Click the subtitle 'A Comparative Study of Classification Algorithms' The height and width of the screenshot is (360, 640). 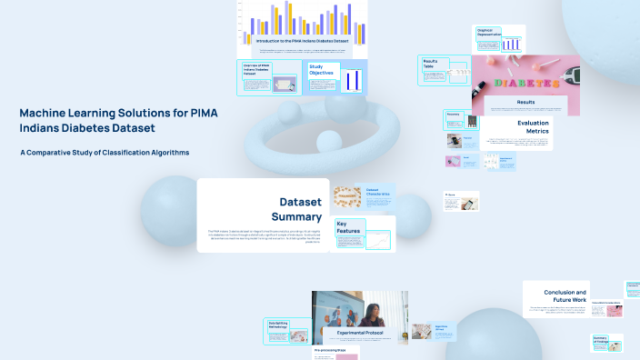(x=105, y=152)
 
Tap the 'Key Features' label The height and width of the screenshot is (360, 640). (x=348, y=228)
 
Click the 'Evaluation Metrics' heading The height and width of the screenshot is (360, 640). (x=533, y=127)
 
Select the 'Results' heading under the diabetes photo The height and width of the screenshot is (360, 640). (x=525, y=103)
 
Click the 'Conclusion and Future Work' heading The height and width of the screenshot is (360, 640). (x=565, y=296)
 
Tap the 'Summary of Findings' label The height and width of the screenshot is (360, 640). (x=601, y=339)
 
